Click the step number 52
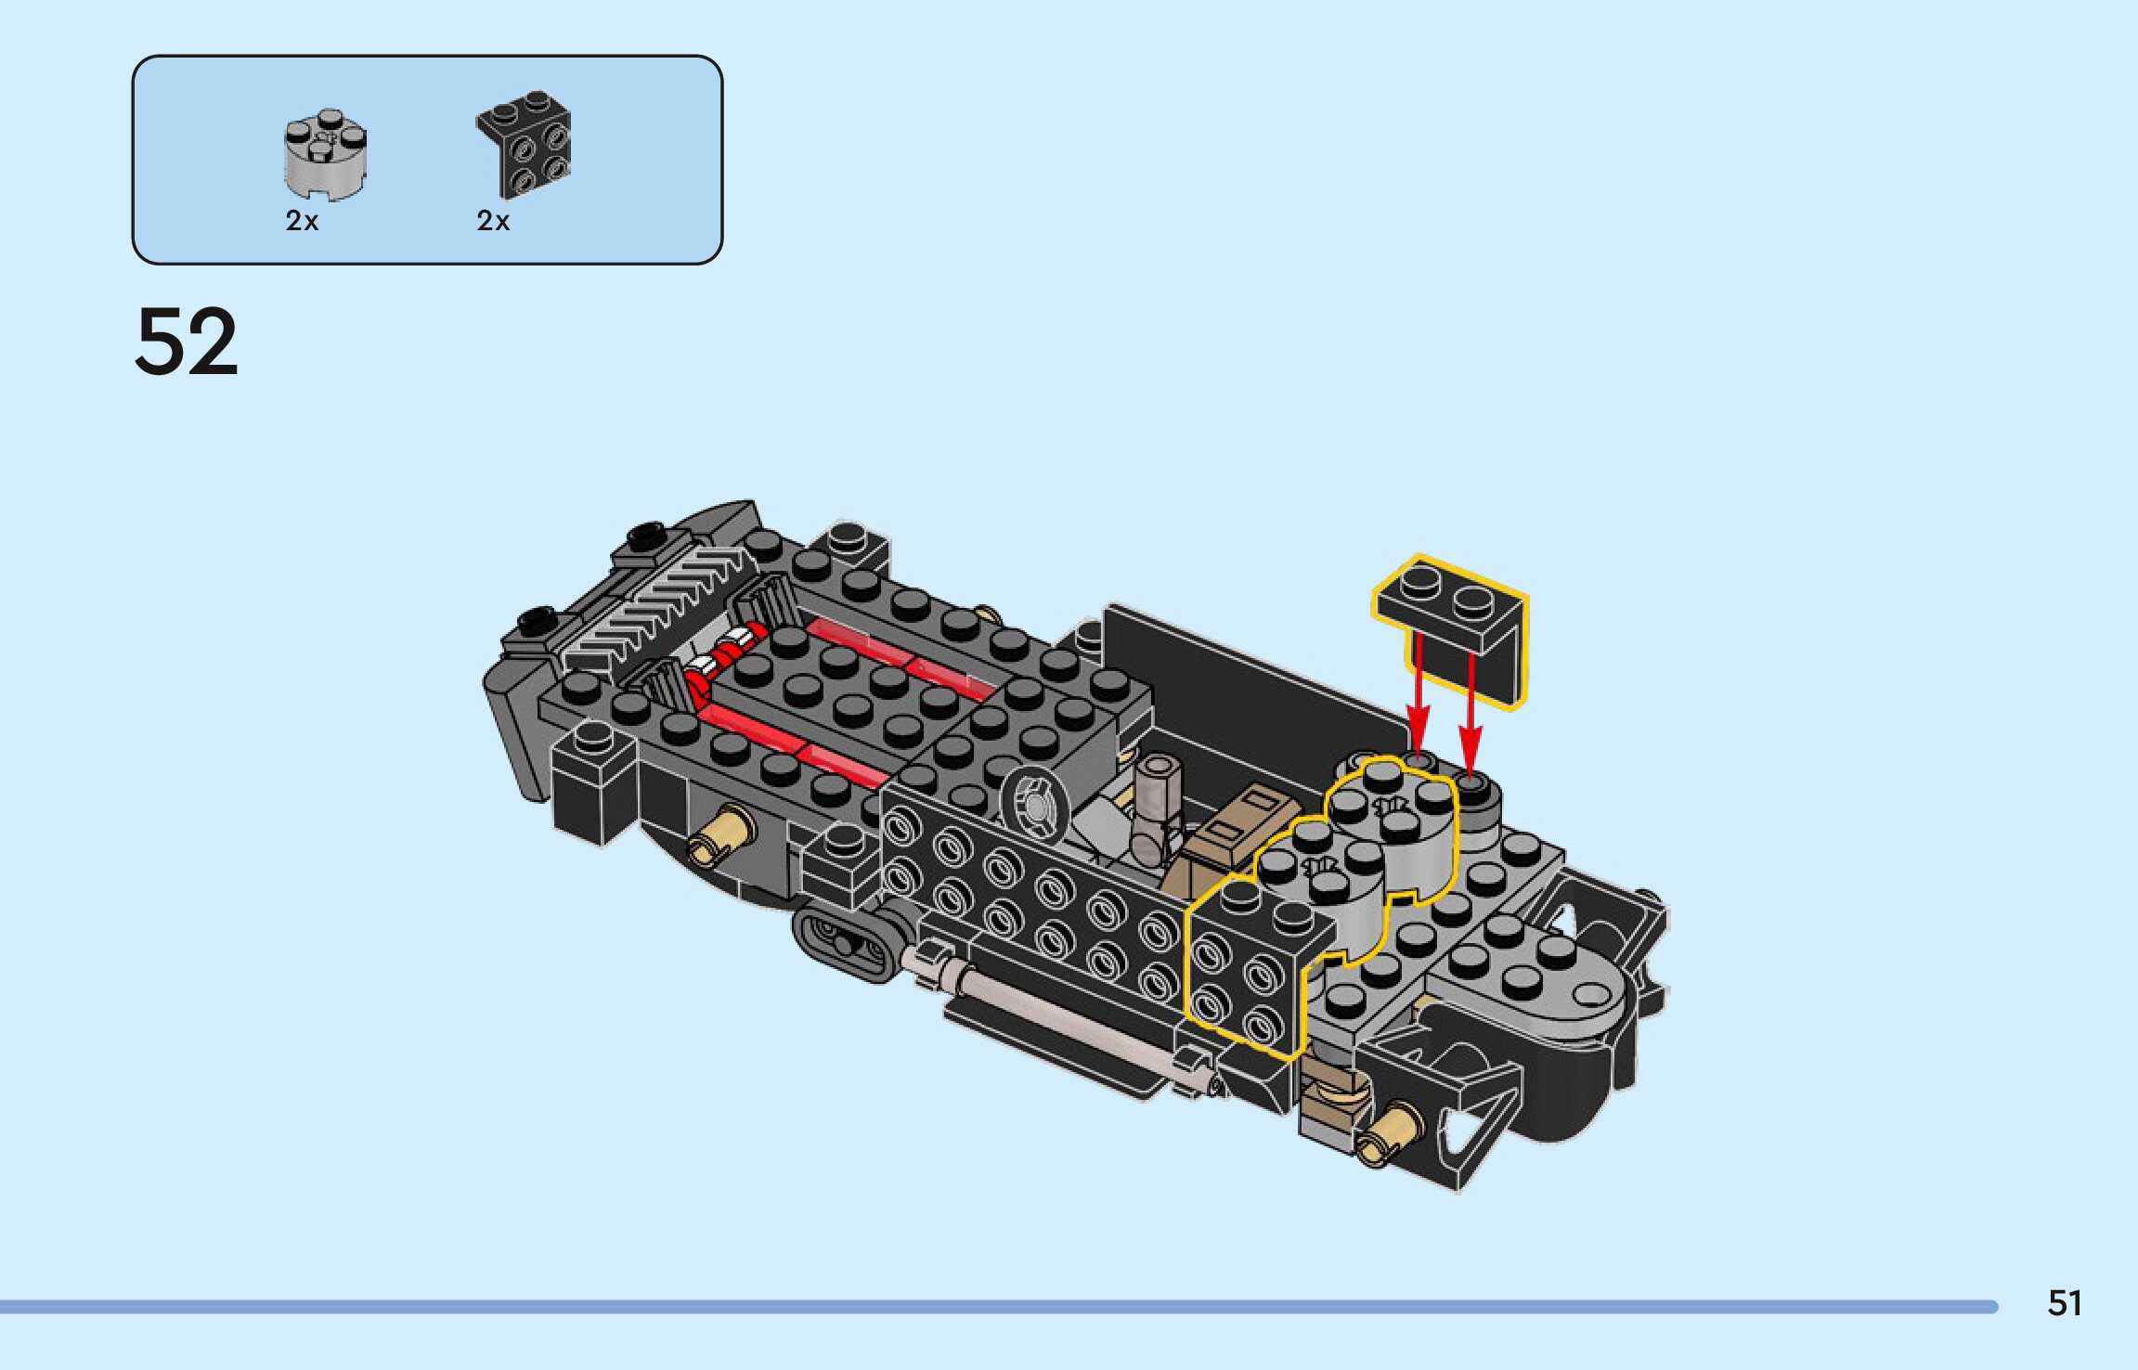click(187, 342)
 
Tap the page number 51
click(2065, 1304)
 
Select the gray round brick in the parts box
click(325, 154)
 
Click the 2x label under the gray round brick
click(302, 221)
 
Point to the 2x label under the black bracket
click(493, 221)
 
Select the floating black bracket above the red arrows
click(1451, 631)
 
